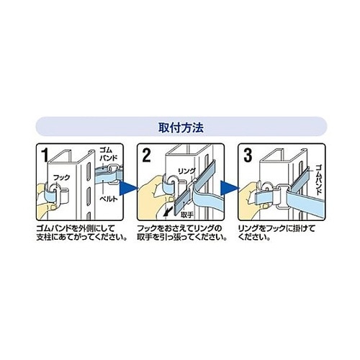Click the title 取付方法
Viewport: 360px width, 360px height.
pos(180,127)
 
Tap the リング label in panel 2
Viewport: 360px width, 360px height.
pos(184,173)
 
